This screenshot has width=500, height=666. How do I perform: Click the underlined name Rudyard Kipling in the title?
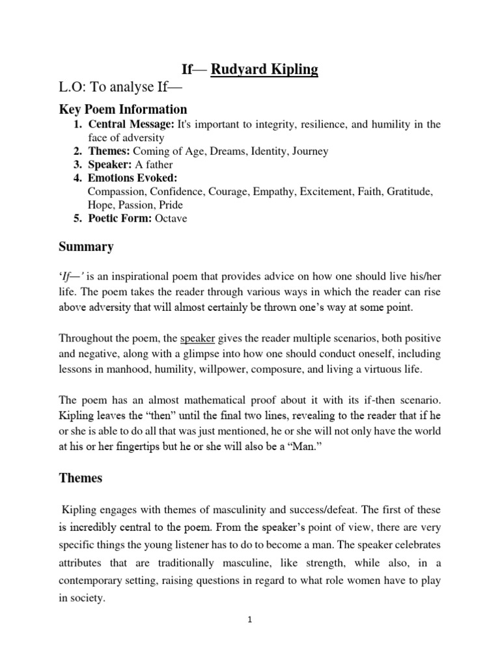pyautogui.click(x=264, y=69)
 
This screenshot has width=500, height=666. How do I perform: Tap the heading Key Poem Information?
pyautogui.click(x=123, y=109)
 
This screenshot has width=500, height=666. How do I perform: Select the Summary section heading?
pyautogui.click(x=86, y=246)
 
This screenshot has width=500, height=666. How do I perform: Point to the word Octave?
pyautogui.click(x=171, y=218)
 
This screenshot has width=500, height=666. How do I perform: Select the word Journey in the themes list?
pyautogui.click(x=309, y=151)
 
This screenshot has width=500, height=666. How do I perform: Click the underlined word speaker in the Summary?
pyautogui.click(x=198, y=338)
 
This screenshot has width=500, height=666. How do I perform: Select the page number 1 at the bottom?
pyautogui.click(x=249, y=620)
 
